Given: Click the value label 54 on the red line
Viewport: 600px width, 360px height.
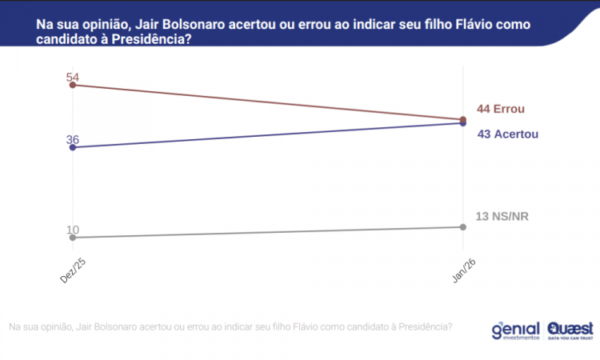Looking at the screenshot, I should click(73, 78).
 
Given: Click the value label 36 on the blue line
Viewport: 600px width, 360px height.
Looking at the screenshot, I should click(73, 140).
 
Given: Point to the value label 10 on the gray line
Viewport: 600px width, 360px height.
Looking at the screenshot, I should click(73, 230).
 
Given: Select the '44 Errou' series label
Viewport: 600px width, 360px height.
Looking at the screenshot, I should click(501, 110).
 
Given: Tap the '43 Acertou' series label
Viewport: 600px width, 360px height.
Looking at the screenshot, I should click(507, 134).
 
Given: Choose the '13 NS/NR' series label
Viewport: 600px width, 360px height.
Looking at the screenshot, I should click(502, 216).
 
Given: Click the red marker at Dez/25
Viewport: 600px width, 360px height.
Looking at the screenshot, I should click(74, 85).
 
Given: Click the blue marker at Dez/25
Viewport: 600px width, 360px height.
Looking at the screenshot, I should click(74, 147).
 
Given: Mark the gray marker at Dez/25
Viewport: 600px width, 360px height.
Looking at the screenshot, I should click(74, 238).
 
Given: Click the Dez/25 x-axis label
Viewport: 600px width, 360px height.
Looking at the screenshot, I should click(73, 270).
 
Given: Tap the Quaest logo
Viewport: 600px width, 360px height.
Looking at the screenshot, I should click(570, 330).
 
